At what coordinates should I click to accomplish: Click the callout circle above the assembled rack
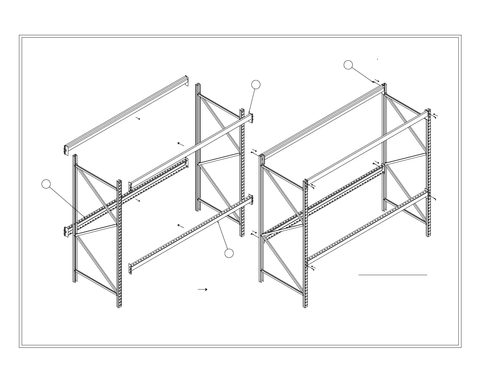click(348, 65)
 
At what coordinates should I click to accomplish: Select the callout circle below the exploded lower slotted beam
click(229, 253)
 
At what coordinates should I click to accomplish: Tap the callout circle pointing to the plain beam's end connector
click(256, 85)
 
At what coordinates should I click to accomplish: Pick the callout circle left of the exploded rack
click(46, 184)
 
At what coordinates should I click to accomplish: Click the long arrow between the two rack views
click(203, 289)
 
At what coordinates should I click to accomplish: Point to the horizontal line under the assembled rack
click(393, 275)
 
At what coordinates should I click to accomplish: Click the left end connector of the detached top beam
click(66, 150)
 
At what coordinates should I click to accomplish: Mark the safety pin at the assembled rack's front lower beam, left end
click(313, 268)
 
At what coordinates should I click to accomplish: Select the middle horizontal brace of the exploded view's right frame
click(219, 158)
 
